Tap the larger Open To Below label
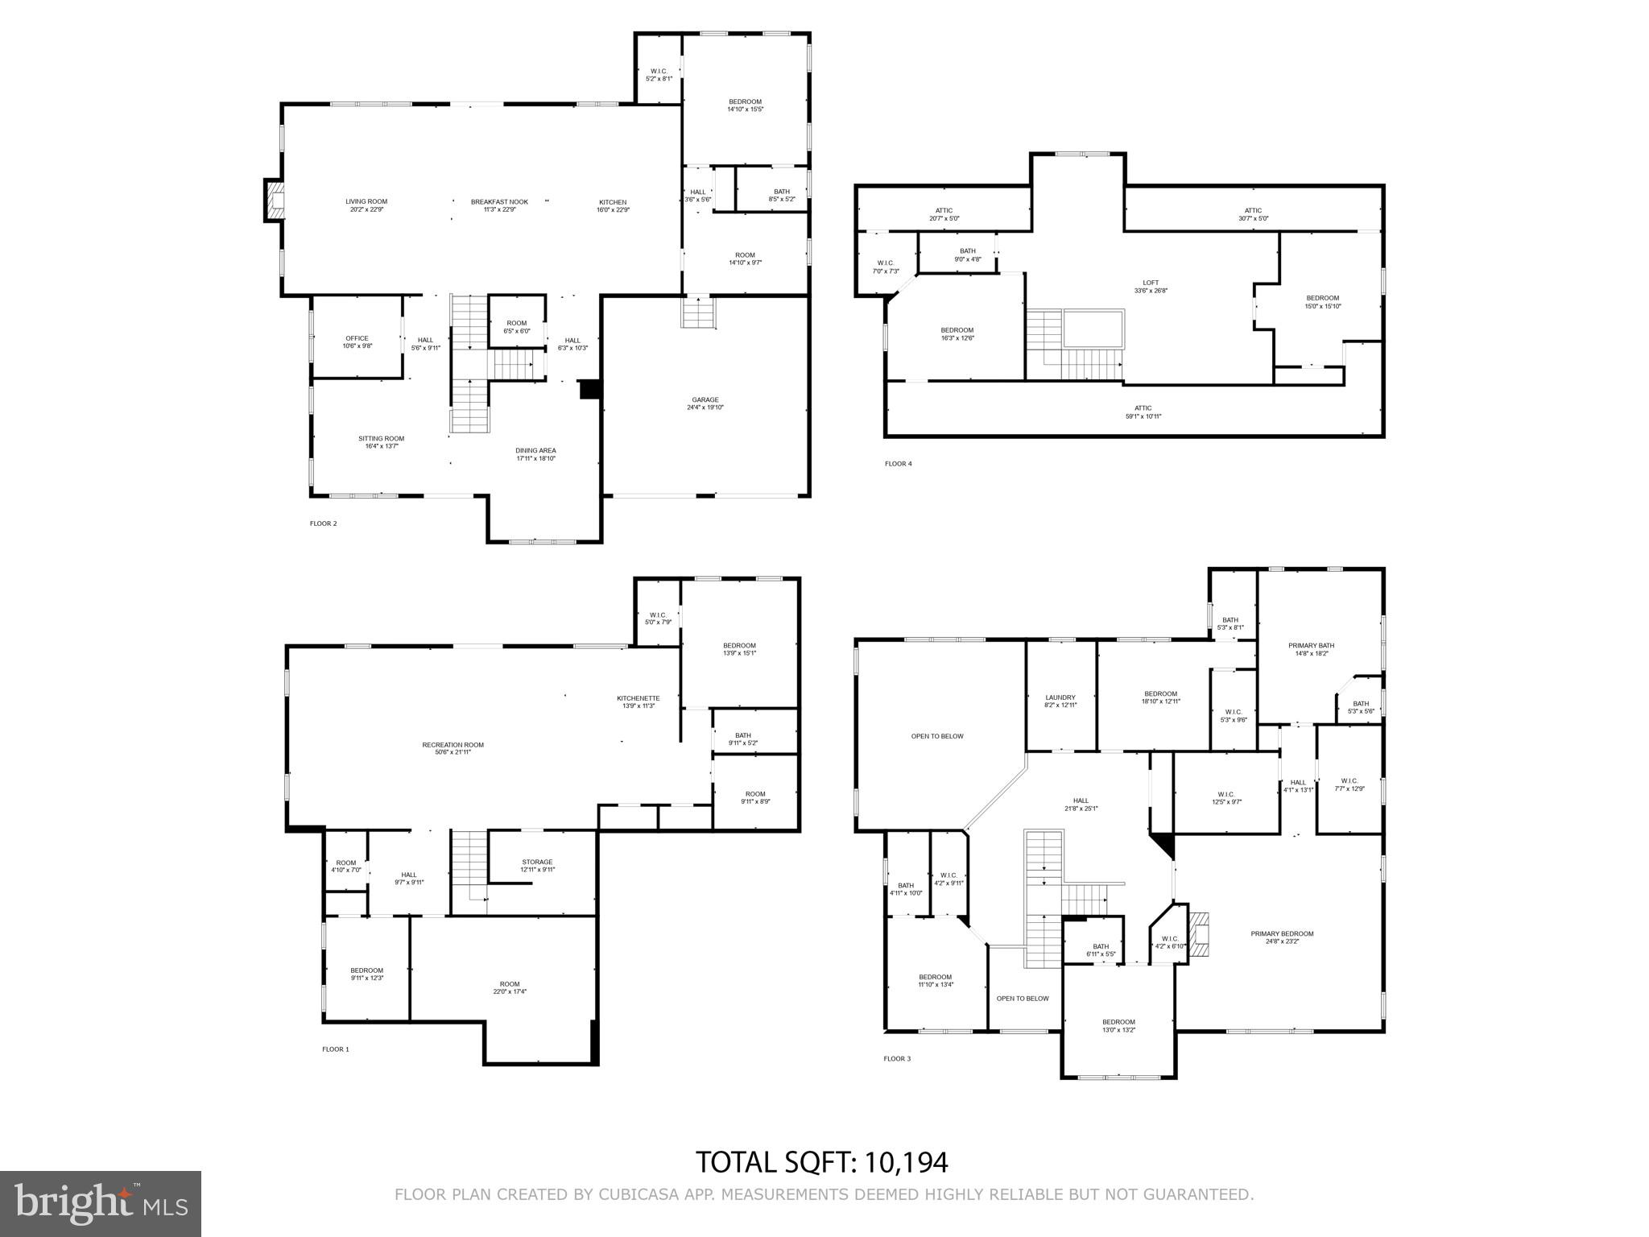[937, 736]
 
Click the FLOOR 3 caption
[897, 1058]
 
